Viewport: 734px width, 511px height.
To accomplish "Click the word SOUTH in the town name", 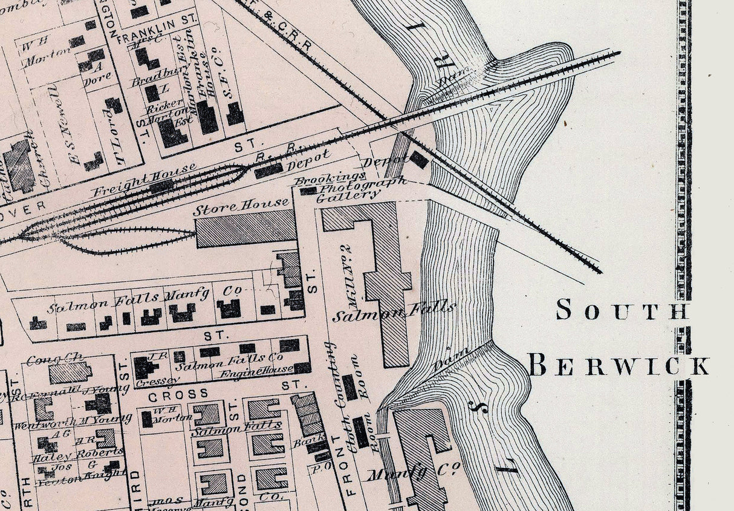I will point(622,310).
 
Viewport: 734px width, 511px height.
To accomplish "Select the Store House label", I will point(241,207).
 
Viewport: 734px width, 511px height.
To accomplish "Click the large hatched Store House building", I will point(245,232).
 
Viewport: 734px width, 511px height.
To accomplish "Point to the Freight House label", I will point(144,179).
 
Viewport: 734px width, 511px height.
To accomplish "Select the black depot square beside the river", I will point(418,160).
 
